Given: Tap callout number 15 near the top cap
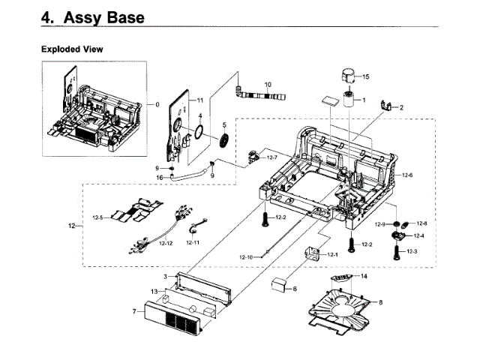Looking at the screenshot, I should [x=366, y=76].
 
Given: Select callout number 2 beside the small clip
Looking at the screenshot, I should [x=401, y=108].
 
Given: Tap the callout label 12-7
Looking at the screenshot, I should [x=271, y=157].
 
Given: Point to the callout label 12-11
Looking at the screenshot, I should [x=193, y=243].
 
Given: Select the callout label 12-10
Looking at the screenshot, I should [x=247, y=257].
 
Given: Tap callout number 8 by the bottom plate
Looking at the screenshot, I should [x=381, y=302].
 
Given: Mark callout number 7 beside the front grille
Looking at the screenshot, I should [x=133, y=310].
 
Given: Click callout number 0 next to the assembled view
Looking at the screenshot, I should [x=157, y=104].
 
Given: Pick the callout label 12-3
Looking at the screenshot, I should [x=412, y=250].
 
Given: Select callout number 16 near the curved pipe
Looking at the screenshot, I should [x=160, y=177].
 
